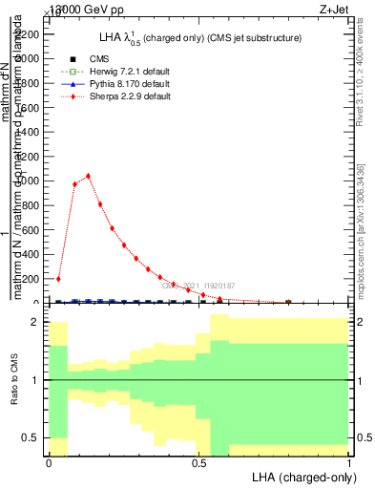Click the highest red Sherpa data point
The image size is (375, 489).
point(88,176)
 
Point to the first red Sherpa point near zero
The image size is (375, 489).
point(58,279)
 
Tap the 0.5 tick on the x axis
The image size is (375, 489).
point(199,461)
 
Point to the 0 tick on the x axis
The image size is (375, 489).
point(49,461)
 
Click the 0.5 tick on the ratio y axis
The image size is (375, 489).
point(31,437)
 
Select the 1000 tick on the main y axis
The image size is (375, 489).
point(29,181)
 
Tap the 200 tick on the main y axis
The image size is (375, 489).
point(31,279)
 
